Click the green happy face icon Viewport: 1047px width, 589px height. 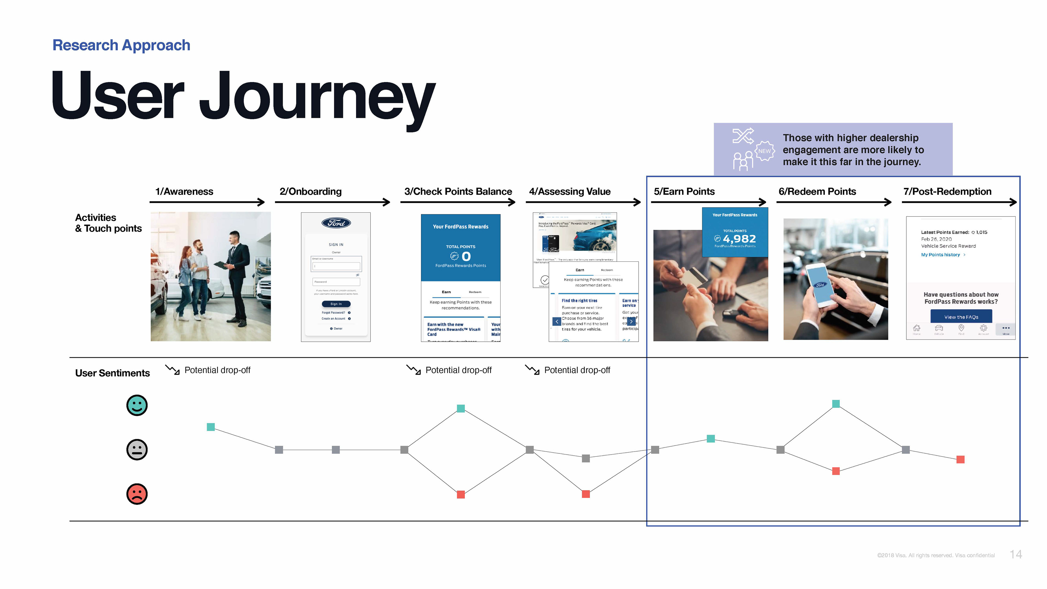click(x=137, y=405)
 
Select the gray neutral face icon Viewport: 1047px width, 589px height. click(x=137, y=450)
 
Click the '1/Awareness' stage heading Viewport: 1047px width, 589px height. click(x=184, y=191)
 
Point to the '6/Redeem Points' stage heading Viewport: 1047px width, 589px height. click(x=817, y=191)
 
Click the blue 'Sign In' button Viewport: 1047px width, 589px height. click(x=336, y=304)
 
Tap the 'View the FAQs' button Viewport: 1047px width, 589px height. click(x=961, y=317)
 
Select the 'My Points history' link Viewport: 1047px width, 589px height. click(x=940, y=255)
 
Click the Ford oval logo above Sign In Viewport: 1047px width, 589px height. click(x=336, y=223)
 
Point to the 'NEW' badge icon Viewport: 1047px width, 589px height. click(x=764, y=151)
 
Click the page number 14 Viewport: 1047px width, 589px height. click(x=1016, y=554)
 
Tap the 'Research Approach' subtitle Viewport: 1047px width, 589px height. click(x=121, y=45)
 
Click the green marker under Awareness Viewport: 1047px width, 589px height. click(x=210, y=427)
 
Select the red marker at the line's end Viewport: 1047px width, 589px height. click(x=960, y=459)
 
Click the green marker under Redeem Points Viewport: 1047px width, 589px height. click(x=836, y=404)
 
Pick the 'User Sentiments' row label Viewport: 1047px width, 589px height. click(x=112, y=373)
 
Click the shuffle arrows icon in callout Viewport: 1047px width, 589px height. click(x=742, y=136)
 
